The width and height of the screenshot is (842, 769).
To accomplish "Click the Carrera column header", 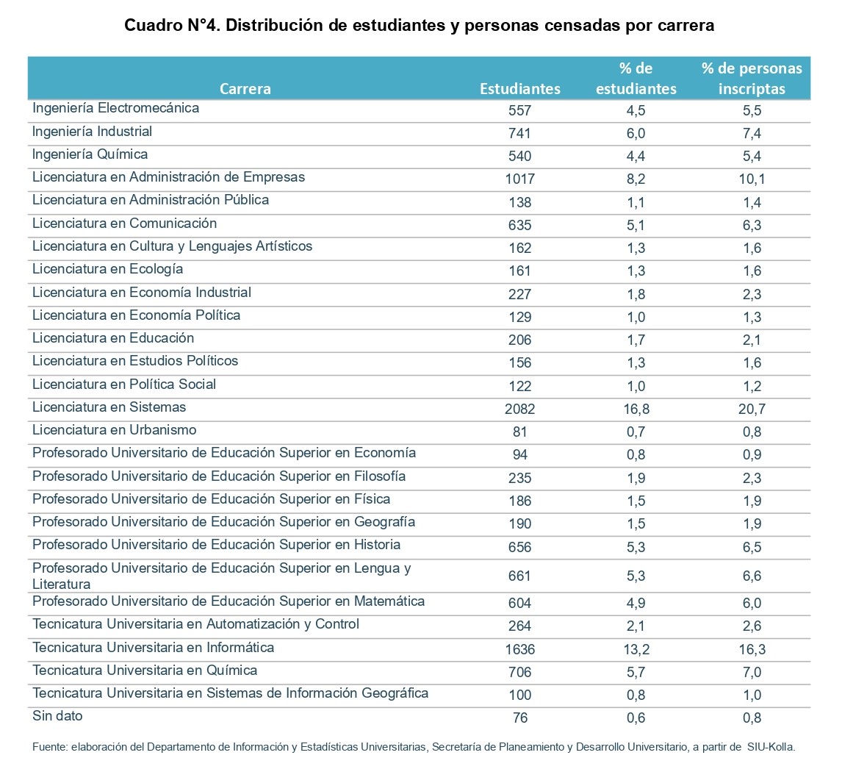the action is tap(245, 89).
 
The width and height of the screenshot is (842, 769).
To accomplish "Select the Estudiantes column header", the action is tap(519, 89).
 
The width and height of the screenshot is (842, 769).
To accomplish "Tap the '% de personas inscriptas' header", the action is tap(752, 79).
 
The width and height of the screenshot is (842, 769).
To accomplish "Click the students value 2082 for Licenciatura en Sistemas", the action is tap(519, 409).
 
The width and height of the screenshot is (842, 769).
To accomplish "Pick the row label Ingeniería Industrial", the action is tap(92, 131).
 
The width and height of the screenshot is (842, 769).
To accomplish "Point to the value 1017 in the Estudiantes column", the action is tap(519, 179).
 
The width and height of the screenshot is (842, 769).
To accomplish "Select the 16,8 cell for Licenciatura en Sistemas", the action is tap(636, 409).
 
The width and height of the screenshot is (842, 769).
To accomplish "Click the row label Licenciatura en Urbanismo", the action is tap(115, 430).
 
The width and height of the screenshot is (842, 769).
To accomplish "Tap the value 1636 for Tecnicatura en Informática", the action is tap(519, 649).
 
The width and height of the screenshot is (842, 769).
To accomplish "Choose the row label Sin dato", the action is tap(57, 716).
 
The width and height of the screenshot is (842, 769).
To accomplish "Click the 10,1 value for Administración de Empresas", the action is tap(752, 179).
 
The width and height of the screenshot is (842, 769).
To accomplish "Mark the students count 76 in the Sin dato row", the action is tap(519, 718).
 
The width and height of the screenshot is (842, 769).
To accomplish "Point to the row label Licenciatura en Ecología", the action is tap(107, 268).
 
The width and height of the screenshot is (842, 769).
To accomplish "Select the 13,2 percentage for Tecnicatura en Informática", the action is tap(636, 649).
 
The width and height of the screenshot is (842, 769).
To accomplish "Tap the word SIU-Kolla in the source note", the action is tap(771, 747).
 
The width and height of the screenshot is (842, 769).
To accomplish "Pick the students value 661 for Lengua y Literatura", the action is tap(519, 576).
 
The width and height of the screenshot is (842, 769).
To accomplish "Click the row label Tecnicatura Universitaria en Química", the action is tap(145, 670).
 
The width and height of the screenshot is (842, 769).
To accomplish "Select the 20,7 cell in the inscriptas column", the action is tap(752, 409).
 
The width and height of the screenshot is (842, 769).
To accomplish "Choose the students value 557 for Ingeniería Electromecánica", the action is tap(519, 110).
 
